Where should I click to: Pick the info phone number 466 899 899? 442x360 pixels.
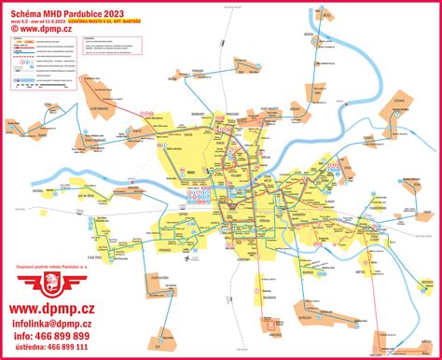(x=57, y=336)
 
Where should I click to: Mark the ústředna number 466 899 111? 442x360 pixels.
(x=56, y=347)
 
